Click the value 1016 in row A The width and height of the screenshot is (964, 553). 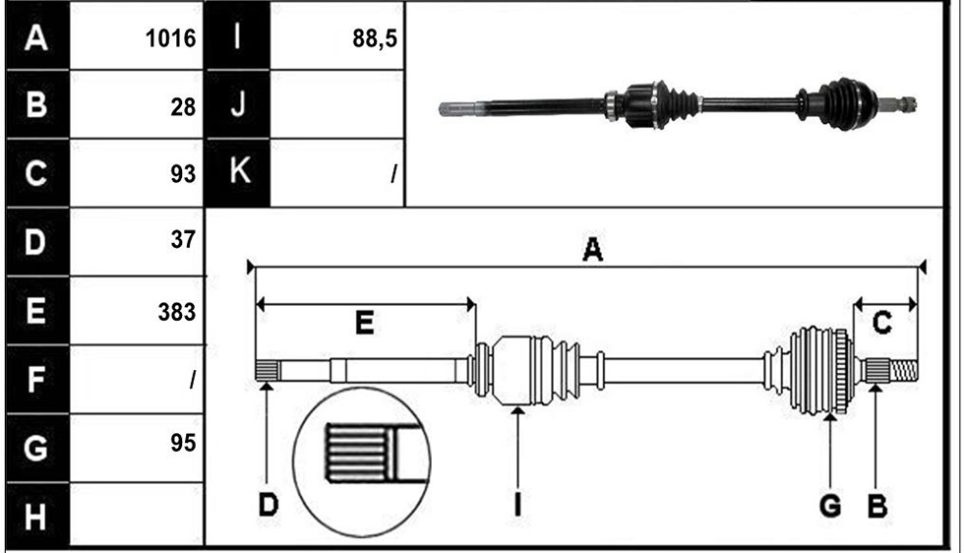click(x=170, y=38)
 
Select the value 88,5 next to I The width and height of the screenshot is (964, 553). click(x=375, y=38)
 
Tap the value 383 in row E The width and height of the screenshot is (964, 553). click(x=176, y=312)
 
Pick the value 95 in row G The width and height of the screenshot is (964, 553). click(x=183, y=442)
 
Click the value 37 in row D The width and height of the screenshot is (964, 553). click(x=183, y=239)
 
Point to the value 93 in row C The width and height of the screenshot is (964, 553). click(x=183, y=173)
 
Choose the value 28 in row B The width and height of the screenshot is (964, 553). click(x=183, y=107)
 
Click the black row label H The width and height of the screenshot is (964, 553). click(x=36, y=516)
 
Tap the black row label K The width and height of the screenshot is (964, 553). click(x=238, y=170)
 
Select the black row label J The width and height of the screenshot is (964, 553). click(x=238, y=103)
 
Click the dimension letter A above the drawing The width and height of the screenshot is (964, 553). click(x=591, y=249)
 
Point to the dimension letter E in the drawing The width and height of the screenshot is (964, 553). click(x=365, y=323)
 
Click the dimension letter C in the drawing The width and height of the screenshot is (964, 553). click(x=881, y=323)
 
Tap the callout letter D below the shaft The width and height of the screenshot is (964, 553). click(x=268, y=505)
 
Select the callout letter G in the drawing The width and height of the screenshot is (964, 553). click(x=830, y=506)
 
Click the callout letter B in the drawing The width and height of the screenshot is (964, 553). click(x=877, y=506)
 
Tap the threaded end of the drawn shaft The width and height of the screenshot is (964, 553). click(x=904, y=370)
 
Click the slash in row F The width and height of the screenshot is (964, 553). click(x=193, y=380)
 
